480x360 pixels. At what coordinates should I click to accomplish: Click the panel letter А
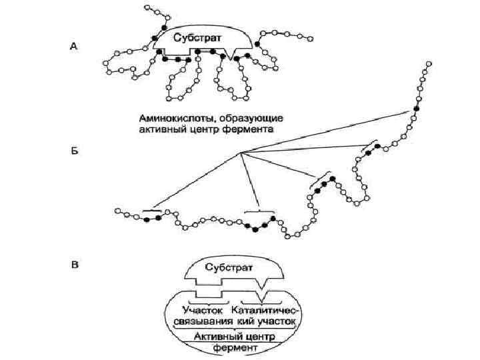pos(74,46)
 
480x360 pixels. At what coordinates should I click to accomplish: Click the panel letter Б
pos(74,153)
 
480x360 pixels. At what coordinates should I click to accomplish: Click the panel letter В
pos(75,265)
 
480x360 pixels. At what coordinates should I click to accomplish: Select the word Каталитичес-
pos(265,310)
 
